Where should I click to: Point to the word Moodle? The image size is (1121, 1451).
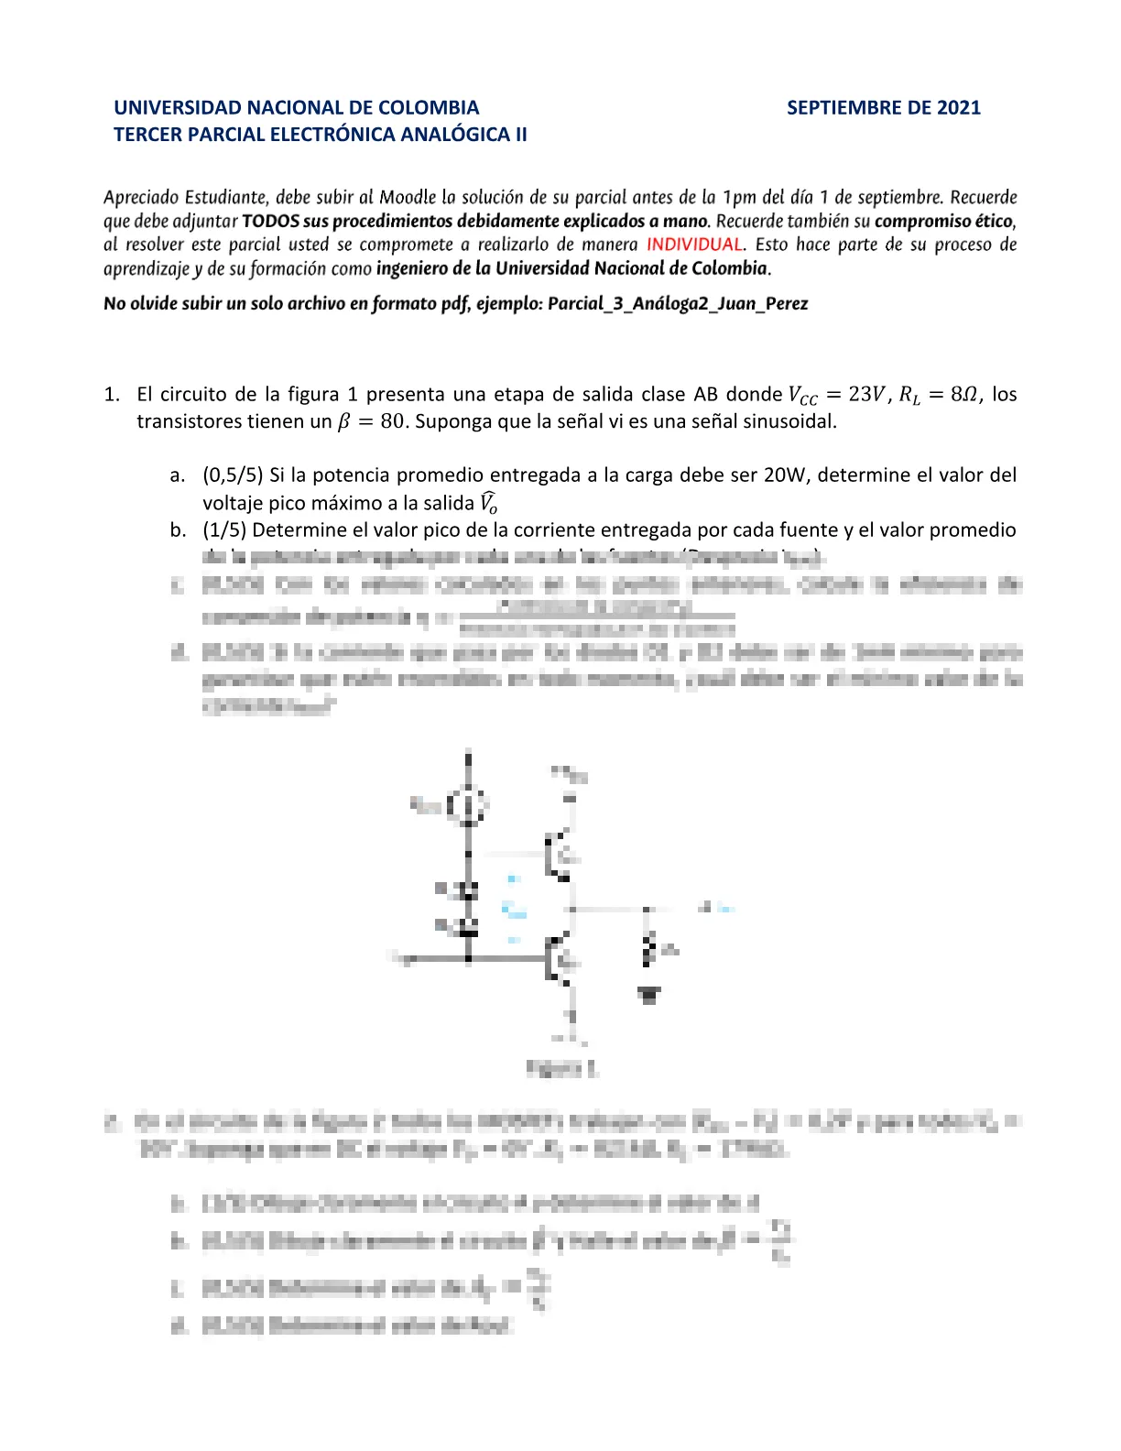pos(408,197)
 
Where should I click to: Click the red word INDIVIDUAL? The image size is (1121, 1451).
pos(694,245)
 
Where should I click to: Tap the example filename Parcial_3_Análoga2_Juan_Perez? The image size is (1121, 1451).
pos(678,304)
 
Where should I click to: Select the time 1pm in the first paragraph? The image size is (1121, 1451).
pos(740,197)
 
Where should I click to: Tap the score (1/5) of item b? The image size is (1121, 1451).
pos(224,530)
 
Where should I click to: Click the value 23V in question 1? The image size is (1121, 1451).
pos(866,395)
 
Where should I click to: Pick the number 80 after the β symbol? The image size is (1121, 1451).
pos(392,422)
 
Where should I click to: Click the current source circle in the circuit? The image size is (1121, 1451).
pos(468,806)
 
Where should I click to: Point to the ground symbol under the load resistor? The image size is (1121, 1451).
pos(648,994)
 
